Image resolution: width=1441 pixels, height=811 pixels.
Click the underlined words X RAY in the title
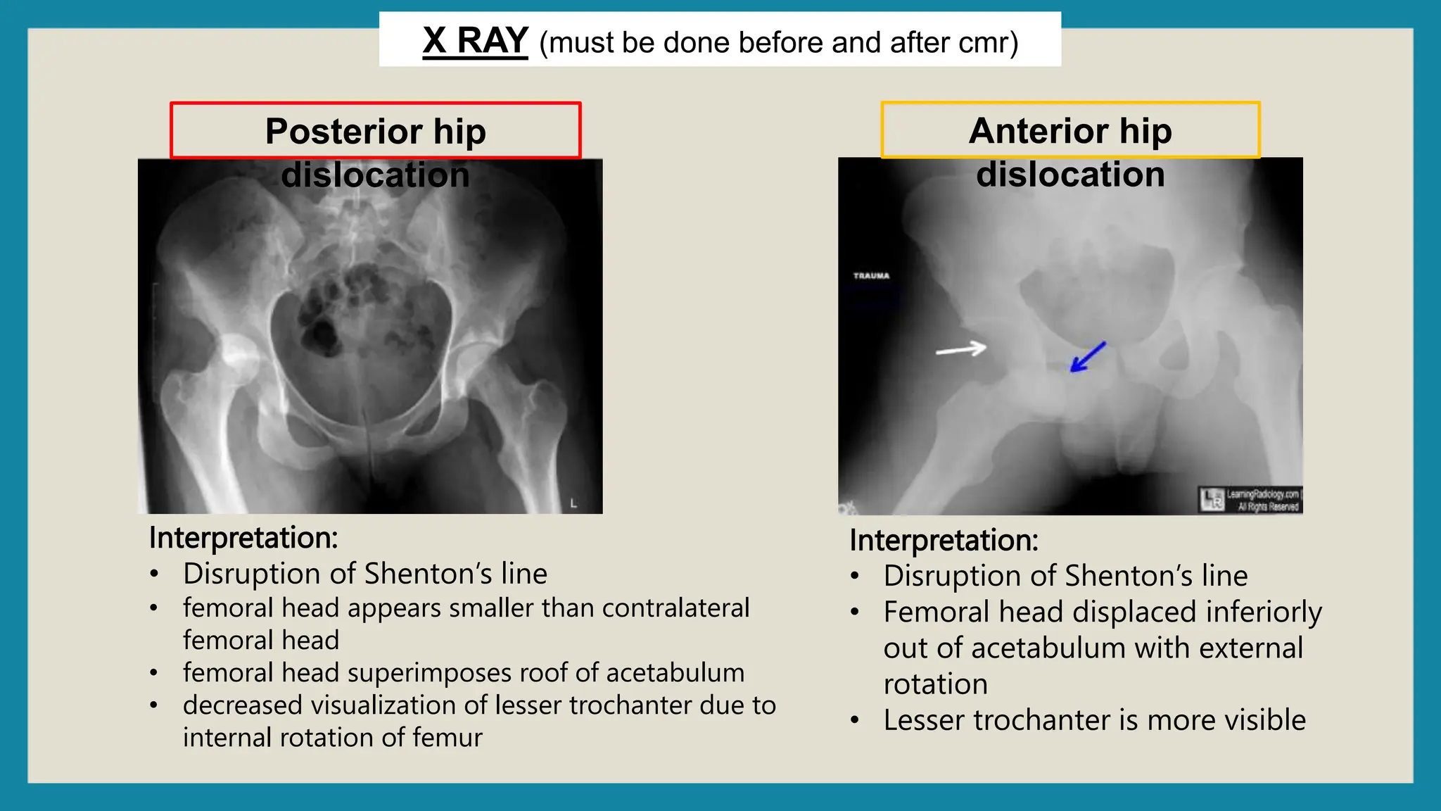tap(475, 41)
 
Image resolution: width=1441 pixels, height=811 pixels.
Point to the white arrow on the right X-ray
tap(960, 349)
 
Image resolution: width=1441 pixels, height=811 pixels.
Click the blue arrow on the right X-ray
tap(1087, 357)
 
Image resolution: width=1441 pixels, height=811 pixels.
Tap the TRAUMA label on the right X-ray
tap(871, 276)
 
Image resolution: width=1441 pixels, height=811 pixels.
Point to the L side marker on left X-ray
tap(573, 503)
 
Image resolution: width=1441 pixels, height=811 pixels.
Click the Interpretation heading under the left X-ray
tap(243, 538)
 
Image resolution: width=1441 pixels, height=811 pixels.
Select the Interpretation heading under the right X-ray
tap(944, 541)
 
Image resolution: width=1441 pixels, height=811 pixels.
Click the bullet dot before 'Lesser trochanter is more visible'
tap(855, 720)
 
